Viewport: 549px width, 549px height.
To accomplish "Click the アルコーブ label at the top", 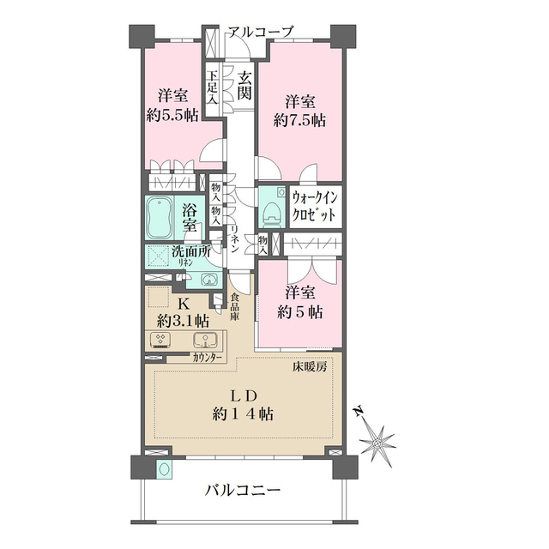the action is (261, 33).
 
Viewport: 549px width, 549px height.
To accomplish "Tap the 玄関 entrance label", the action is (244, 86).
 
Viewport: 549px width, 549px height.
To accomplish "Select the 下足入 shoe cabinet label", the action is (212, 87).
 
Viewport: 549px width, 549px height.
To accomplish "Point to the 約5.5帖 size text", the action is (172, 115).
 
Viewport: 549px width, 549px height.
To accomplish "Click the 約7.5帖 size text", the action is (299, 121).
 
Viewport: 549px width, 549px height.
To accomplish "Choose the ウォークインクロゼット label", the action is (315, 207).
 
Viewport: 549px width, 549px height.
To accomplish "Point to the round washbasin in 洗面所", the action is (209, 279).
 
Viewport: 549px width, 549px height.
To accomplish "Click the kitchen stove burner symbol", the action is (160, 339).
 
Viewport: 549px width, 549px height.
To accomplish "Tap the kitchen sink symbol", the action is (206, 340).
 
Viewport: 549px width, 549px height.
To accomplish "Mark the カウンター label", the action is (207, 358).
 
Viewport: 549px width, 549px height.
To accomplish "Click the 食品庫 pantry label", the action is (234, 307).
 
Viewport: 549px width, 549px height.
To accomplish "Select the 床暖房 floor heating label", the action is (310, 367).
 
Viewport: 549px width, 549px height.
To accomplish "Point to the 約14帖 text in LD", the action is (243, 414).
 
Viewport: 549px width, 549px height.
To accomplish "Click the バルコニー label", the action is (243, 491).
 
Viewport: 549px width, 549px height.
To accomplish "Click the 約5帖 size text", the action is (300, 312).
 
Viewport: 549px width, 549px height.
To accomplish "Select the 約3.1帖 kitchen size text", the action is (183, 320).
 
